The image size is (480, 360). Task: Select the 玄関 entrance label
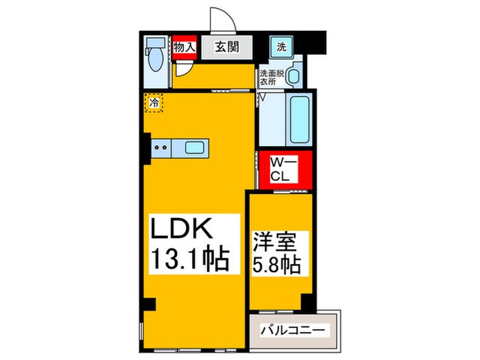click(x=224, y=48)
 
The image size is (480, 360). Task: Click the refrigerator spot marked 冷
click(x=155, y=103)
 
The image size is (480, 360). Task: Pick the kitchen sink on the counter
click(x=194, y=146)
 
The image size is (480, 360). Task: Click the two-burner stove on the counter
click(x=162, y=146)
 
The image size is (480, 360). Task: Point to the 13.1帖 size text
click(x=189, y=259)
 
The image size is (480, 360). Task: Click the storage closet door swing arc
click(x=182, y=68)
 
